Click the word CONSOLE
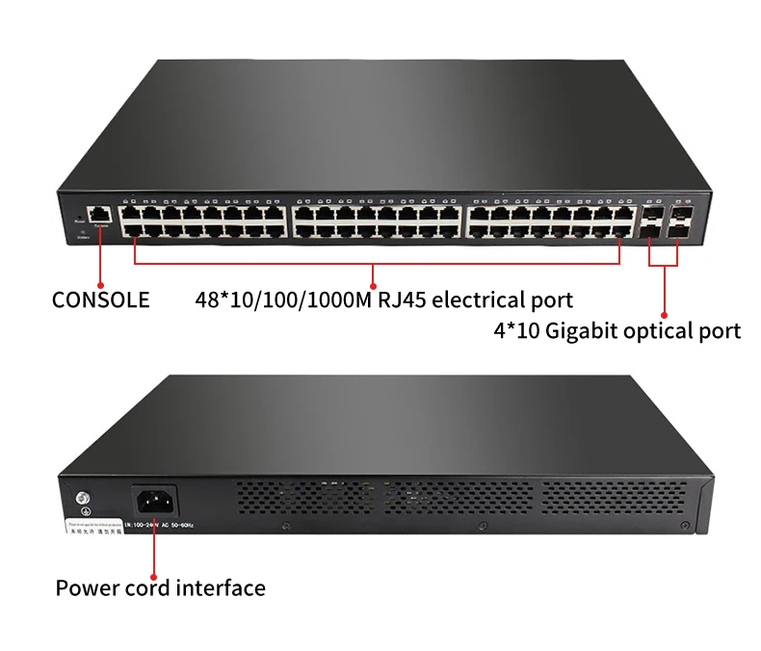pyautogui.click(x=101, y=299)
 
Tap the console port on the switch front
pyautogui.click(x=98, y=213)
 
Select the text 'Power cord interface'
pyautogui.click(x=160, y=587)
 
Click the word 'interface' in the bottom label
pyautogui.click(x=221, y=587)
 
